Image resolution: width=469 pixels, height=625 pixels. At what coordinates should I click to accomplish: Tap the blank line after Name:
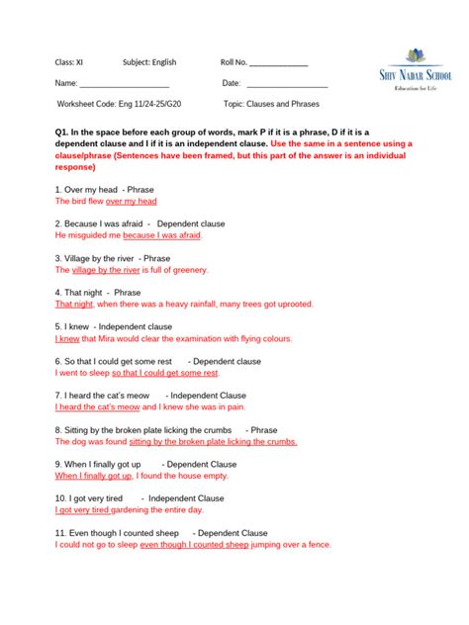[124, 86]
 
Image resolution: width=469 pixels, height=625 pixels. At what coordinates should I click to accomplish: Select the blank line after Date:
[287, 86]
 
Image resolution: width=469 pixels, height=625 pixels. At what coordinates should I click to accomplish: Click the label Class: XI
[69, 62]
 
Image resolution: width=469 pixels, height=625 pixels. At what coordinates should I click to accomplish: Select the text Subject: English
[149, 62]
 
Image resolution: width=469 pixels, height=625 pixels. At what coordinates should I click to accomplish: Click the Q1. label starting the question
[63, 132]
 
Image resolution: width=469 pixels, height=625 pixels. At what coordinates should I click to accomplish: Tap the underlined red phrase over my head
[132, 201]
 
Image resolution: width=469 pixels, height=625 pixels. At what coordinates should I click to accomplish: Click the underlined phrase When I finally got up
[93, 476]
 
